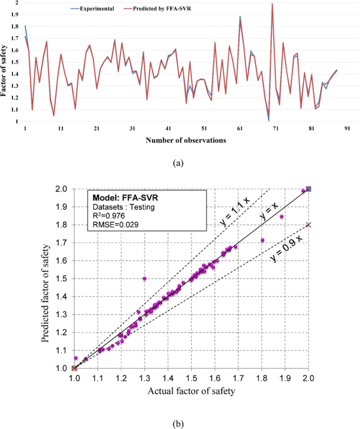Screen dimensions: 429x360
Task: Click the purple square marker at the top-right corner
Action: click(x=309, y=189)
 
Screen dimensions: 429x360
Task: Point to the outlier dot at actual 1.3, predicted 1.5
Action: click(x=144, y=278)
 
